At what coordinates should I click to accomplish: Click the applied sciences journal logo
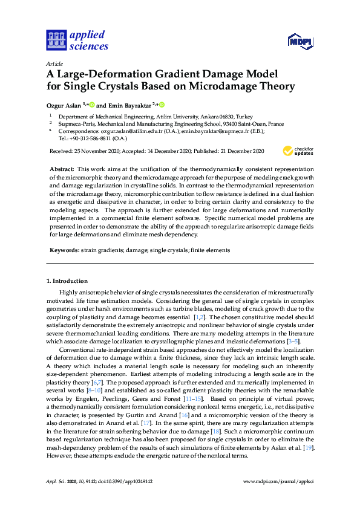click(x=77, y=40)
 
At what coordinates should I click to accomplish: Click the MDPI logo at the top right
click(x=301, y=41)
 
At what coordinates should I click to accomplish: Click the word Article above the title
click(x=54, y=63)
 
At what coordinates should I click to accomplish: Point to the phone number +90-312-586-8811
click(x=87, y=138)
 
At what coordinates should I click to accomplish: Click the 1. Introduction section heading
click(x=67, y=281)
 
